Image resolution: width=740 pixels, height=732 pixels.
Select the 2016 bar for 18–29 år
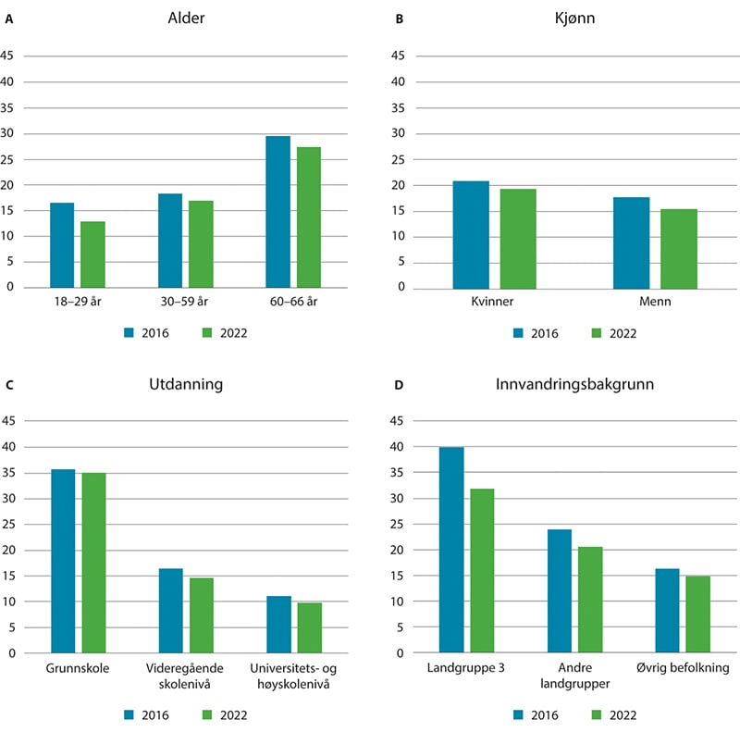[x=62, y=244]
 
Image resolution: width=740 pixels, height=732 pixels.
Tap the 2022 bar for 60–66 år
[x=308, y=217]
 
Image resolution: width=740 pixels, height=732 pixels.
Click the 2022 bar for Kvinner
[x=518, y=238]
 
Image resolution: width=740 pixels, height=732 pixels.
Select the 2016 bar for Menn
[x=632, y=242]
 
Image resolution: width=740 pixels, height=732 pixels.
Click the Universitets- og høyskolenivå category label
[x=294, y=675]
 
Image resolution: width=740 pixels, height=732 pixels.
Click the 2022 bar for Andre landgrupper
[x=590, y=600]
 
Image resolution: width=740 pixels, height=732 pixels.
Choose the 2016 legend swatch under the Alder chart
[x=130, y=333]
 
